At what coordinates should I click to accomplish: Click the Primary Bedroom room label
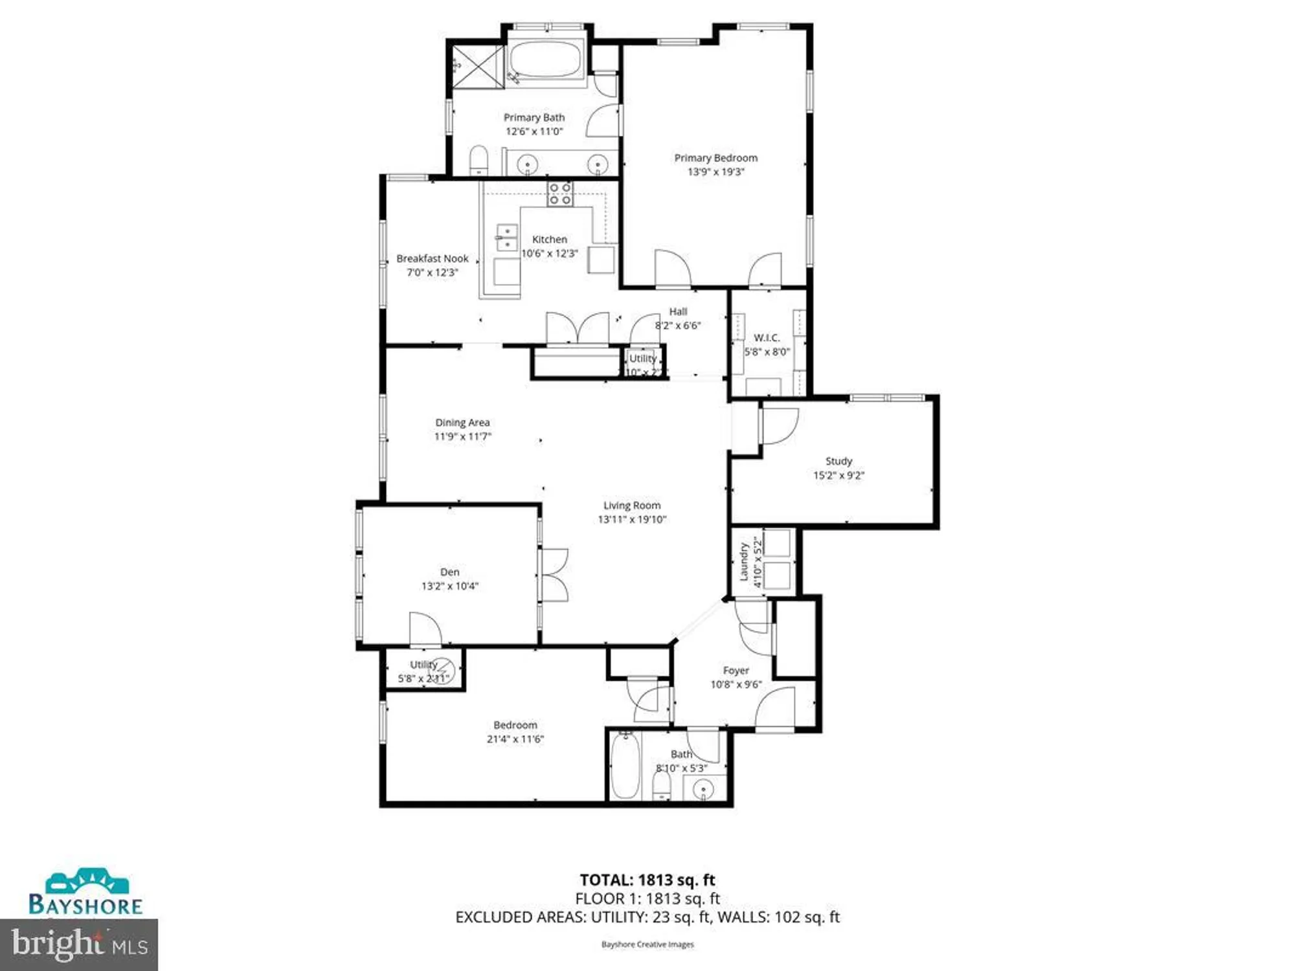pyautogui.click(x=715, y=158)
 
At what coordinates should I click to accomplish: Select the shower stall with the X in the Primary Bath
pyautogui.click(x=478, y=66)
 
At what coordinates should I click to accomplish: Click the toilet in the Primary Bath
pyautogui.click(x=479, y=160)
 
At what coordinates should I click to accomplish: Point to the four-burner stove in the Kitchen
pyautogui.click(x=560, y=194)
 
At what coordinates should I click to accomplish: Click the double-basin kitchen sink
pyautogui.click(x=506, y=238)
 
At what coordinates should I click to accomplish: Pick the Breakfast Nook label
pyautogui.click(x=432, y=258)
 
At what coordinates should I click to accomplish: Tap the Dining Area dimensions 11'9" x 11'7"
pyautogui.click(x=462, y=437)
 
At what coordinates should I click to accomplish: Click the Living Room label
pyautogui.click(x=632, y=506)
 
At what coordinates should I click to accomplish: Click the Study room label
pyautogui.click(x=839, y=461)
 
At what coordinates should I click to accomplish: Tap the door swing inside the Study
pyautogui.click(x=780, y=427)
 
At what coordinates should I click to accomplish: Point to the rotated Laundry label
pyautogui.click(x=744, y=561)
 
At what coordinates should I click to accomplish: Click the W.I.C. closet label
pyautogui.click(x=767, y=338)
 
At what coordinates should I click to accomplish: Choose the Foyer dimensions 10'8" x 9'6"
pyautogui.click(x=736, y=685)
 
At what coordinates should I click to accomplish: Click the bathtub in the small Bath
pyautogui.click(x=625, y=766)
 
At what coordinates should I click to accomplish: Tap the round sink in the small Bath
pyautogui.click(x=703, y=790)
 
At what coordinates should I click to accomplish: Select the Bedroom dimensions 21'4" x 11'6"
pyautogui.click(x=515, y=739)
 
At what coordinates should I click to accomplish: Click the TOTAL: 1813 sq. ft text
pyautogui.click(x=647, y=880)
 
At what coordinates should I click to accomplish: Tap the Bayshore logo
pyautogui.click(x=85, y=894)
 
